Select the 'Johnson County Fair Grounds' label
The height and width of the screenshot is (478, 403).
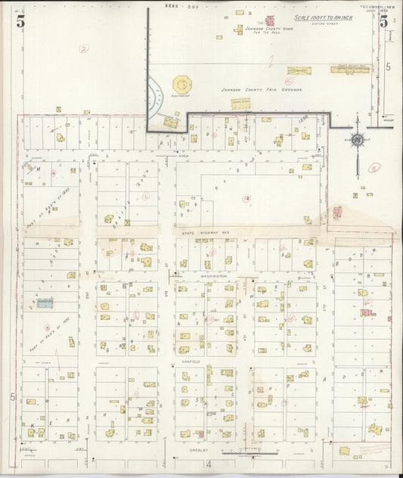pyautogui.click(x=250, y=89)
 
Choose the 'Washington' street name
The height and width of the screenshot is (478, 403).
pyautogui.click(x=215, y=277)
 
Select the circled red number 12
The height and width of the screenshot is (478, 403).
pyautogui.click(x=246, y=199)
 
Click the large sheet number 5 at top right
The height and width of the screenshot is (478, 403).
pyautogui.click(x=384, y=21)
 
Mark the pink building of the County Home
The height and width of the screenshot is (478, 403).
pyautogui.click(x=268, y=20)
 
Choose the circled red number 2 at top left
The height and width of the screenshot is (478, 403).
pyautogui.click(x=83, y=48)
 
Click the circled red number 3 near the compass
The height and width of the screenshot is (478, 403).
pyautogui.click(x=373, y=168)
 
